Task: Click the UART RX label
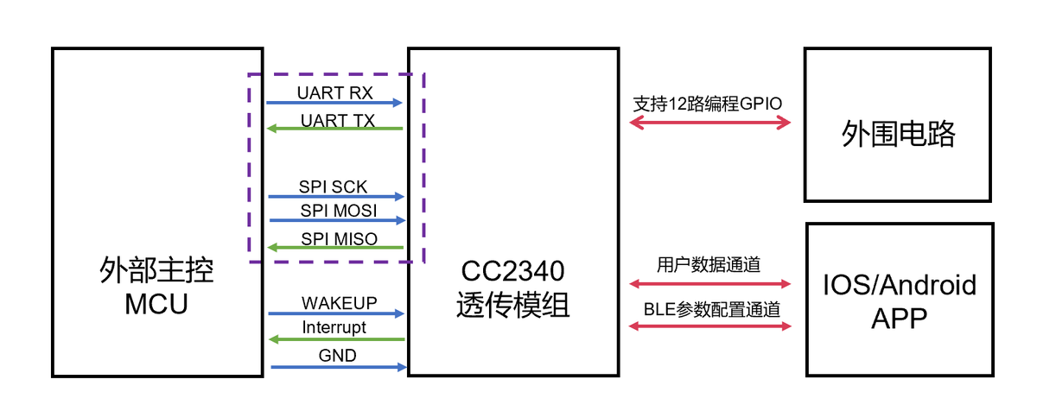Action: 334,92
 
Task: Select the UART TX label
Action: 337,120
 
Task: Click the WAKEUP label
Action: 340,303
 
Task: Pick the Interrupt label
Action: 334,328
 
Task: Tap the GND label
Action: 337,355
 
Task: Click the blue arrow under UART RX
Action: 334,103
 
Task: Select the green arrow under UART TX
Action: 334,130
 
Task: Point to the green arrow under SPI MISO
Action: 335,248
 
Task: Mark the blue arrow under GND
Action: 338,367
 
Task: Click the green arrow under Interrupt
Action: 335,339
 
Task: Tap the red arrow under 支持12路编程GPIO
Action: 709,123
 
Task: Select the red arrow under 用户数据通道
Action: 709,283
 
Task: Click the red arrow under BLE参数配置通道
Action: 709,326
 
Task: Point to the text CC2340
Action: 512,273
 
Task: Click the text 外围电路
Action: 899,135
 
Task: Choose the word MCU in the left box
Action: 156,304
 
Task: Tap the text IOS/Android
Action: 900,284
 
